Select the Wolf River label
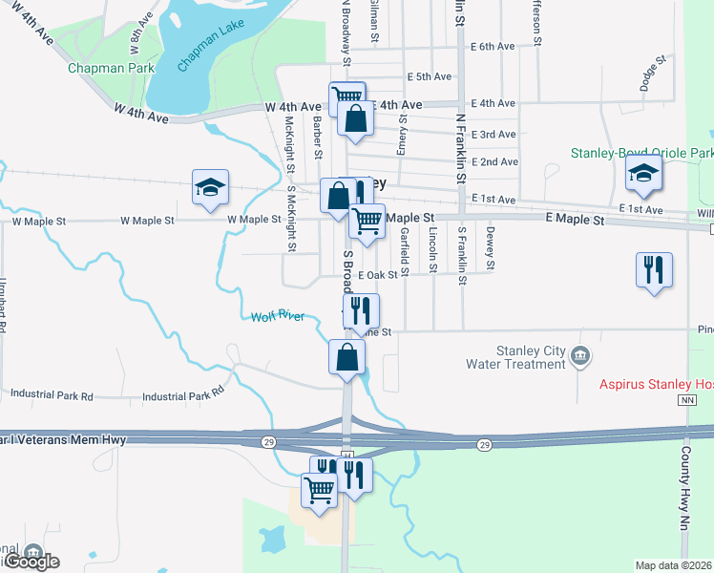278,317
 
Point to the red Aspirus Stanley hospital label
656,385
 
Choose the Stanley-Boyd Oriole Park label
641,153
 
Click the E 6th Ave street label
493,46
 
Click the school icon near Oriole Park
644,173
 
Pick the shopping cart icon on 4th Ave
346,96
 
